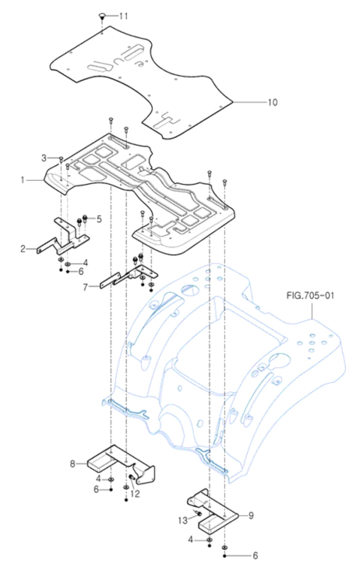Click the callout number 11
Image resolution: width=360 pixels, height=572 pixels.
click(x=124, y=16)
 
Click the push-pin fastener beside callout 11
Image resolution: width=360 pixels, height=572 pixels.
click(x=102, y=17)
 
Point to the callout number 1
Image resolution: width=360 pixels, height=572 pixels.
click(x=23, y=180)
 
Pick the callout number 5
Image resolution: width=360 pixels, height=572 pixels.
click(x=99, y=218)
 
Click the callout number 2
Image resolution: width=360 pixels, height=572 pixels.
click(x=23, y=249)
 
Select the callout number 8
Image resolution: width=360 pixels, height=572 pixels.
click(x=74, y=464)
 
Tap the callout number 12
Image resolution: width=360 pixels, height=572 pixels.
click(x=135, y=494)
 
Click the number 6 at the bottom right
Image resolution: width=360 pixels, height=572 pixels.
click(x=255, y=556)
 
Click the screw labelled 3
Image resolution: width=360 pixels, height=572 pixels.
click(x=61, y=158)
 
